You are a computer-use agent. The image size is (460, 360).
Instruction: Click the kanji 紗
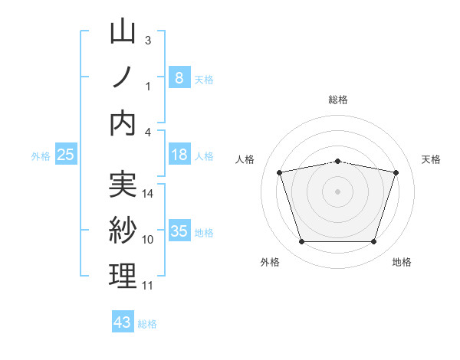coord(123,231)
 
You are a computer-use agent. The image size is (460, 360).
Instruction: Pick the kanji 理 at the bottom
coord(123,276)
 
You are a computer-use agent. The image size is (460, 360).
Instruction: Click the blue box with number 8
coord(179,77)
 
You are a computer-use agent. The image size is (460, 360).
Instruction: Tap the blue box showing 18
coord(179,155)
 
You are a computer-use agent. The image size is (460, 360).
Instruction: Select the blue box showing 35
coord(179,231)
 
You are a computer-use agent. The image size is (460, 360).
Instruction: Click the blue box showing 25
coord(65,155)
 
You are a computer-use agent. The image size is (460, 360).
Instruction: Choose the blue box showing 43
coord(122,322)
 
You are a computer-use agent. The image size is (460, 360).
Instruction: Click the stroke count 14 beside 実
coord(148,194)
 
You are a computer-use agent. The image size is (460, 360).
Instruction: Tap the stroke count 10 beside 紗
coord(148,240)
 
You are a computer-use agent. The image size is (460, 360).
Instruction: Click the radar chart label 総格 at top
coord(338,100)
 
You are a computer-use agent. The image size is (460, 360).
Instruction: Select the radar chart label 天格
coord(432,159)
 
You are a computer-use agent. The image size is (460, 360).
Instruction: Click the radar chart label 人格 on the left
coord(245,159)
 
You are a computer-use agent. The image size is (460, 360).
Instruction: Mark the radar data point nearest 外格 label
coord(301,242)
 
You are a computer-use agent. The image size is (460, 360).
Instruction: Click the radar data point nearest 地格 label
coord(373,242)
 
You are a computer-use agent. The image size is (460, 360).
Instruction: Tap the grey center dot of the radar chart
coord(337,191)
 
